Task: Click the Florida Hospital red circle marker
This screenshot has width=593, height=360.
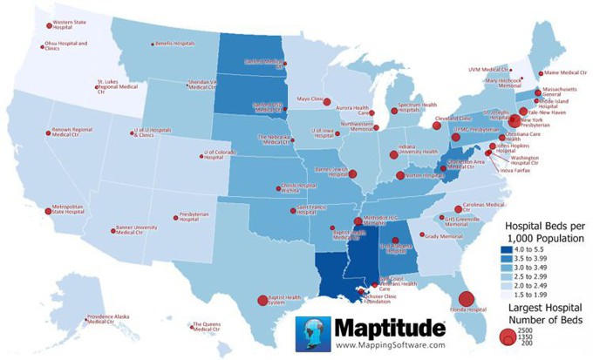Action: [x=467, y=300]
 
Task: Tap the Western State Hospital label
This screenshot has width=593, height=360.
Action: [x=73, y=24]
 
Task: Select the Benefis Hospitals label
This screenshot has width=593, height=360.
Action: [x=174, y=43]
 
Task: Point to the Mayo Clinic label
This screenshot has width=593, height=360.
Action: [x=310, y=99]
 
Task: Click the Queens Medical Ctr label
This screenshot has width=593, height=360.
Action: [x=206, y=327]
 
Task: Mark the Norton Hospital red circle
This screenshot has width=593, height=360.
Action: [x=400, y=175]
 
